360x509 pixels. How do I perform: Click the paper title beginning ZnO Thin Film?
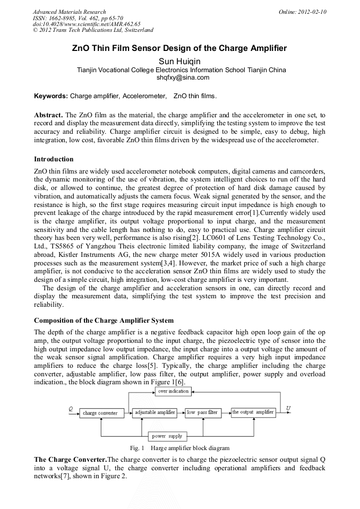click(x=179, y=48)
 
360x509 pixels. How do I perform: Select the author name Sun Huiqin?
click(x=179, y=61)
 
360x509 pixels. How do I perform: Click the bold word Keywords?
click(x=51, y=96)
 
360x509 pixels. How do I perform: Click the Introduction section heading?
click(x=54, y=159)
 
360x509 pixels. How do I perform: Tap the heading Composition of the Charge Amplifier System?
click(x=104, y=321)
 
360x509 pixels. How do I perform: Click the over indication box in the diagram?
click(x=173, y=391)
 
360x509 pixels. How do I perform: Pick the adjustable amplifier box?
click(x=155, y=412)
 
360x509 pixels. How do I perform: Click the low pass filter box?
click(x=202, y=412)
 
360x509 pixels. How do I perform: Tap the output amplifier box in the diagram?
click(x=253, y=412)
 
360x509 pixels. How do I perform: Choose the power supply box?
click(x=167, y=436)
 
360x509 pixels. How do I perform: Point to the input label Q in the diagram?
click(x=71, y=408)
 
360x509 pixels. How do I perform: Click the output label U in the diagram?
click(x=288, y=408)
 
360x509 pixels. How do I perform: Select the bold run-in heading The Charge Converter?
click(x=70, y=459)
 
